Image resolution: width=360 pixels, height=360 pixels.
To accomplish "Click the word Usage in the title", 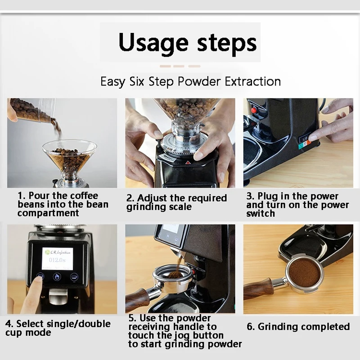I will tap(153, 43).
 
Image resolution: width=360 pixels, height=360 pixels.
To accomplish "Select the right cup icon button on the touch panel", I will tap(74, 277).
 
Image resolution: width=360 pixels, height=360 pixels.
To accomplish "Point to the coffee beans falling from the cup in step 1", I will tap(56, 128).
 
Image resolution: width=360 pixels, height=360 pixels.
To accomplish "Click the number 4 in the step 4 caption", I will tap(8, 324).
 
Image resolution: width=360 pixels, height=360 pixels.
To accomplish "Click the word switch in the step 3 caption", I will tap(261, 213).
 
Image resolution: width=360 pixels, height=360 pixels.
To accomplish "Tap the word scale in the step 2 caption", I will tap(180, 207).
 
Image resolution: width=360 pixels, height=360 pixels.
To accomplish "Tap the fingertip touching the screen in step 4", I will tap(40, 278).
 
